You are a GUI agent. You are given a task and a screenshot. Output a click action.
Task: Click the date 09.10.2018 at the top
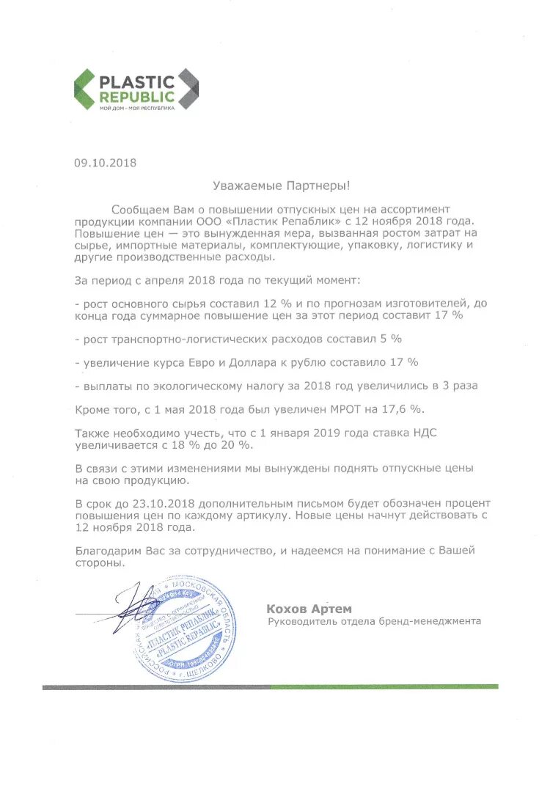pyautogui.click(x=105, y=163)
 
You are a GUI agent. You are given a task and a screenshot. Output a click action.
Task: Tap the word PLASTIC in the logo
pyautogui.click(x=137, y=81)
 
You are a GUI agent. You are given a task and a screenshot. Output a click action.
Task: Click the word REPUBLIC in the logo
pyautogui.click(x=137, y=96)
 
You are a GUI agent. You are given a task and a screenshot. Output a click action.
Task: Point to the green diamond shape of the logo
pyautogui.click(x=86, y=89)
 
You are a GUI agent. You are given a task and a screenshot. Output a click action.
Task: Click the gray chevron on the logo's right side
pyautogui.click(x=188, y=89)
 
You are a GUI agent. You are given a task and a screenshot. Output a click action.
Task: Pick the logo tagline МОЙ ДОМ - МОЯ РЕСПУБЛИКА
pyautogui.click(x=137, y=109)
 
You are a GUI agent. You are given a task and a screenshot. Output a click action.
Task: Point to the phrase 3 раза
pyautogui.click(x=459, y=386)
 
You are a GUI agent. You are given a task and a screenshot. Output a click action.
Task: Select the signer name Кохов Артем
pyautogui.click(x=309, y=609)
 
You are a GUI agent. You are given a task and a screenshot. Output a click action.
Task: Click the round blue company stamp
pyautogui.click(x=184, y=628)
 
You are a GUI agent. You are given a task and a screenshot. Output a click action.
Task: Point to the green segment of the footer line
pyautogui.click(x=384, y=687)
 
